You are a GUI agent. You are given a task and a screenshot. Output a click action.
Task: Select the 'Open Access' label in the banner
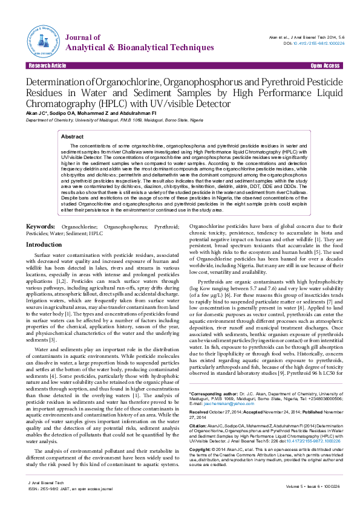tap(325, 65)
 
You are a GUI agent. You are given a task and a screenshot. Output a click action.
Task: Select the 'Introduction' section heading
tap(44, 244)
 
